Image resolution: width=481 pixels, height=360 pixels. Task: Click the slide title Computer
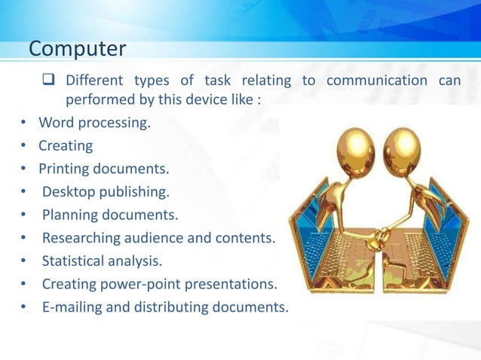tap(77, 49)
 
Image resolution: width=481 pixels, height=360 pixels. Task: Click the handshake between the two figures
tap(371, 240)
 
